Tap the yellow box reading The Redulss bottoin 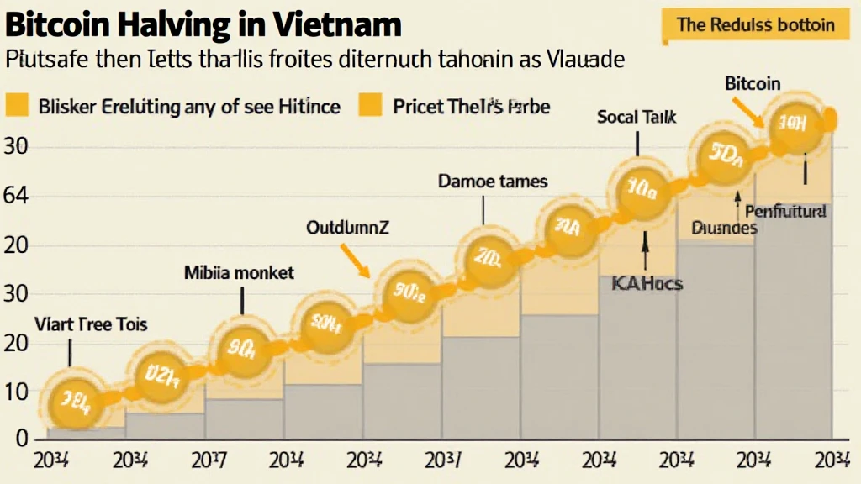(755, 24)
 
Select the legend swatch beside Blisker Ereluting (18, 107)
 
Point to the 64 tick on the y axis (18, 197)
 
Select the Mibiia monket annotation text (239, 272)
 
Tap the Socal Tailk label (636, 118)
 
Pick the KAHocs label (646, 283)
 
